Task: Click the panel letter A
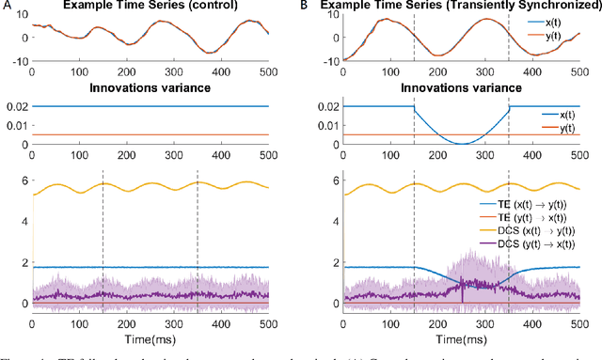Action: coord(6,6)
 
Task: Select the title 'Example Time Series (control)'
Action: coord(150,7)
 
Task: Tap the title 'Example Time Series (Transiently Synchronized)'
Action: coord(451,7)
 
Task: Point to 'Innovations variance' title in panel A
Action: coord(150,89)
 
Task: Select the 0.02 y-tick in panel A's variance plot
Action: coord(14,106)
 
